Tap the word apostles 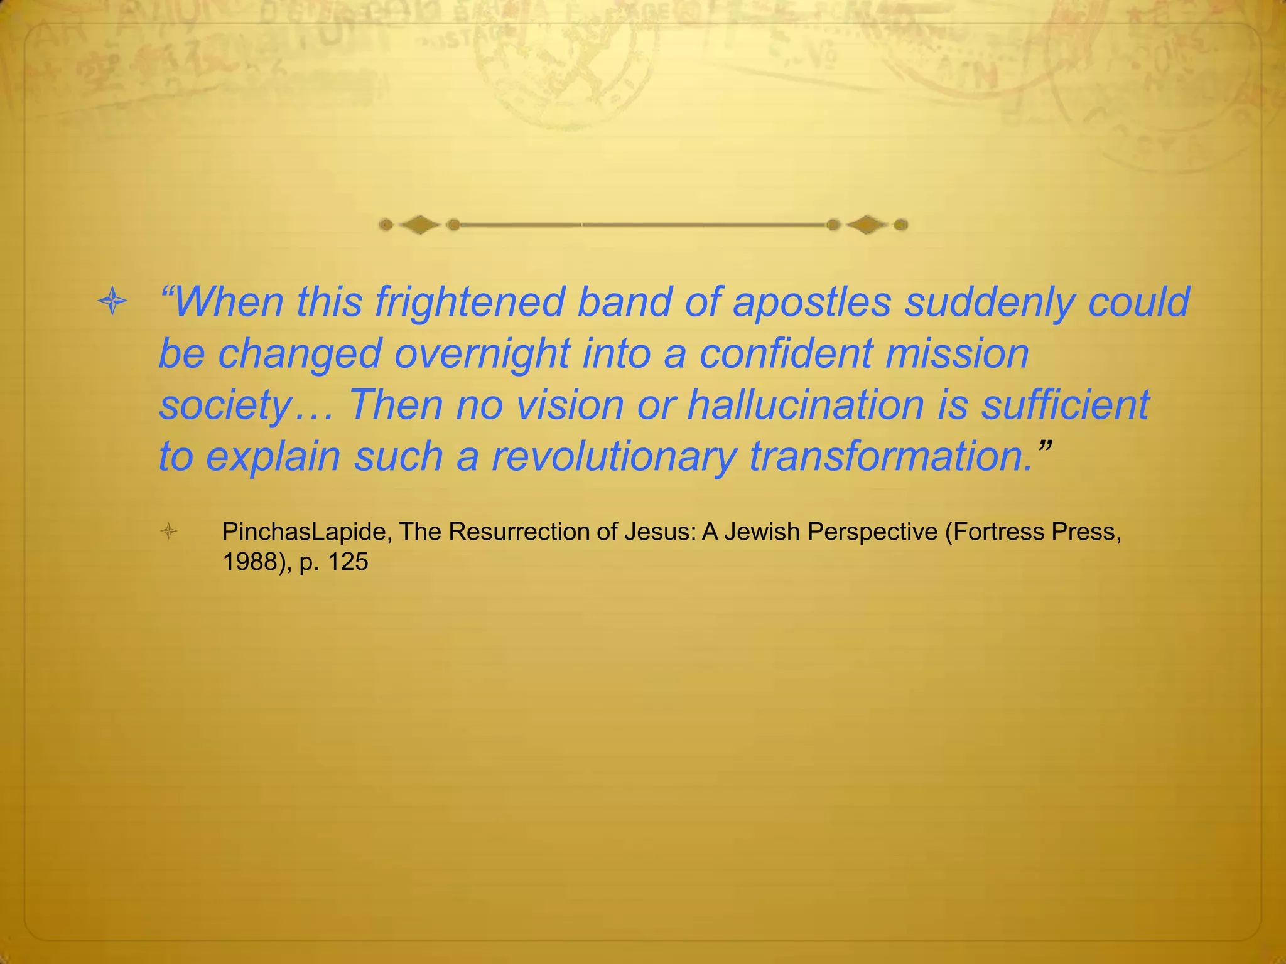pos(811,303)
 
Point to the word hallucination pos(806,405)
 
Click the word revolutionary pos(613,456)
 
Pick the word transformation pos(891,456)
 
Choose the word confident pos(785,354)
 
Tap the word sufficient pos(1066,405)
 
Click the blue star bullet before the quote pos(113,303)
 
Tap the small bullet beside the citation pos(169,533)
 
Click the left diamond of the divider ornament pos(419,225)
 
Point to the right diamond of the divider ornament pos(867,225)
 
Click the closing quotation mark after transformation pos(1044,447)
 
